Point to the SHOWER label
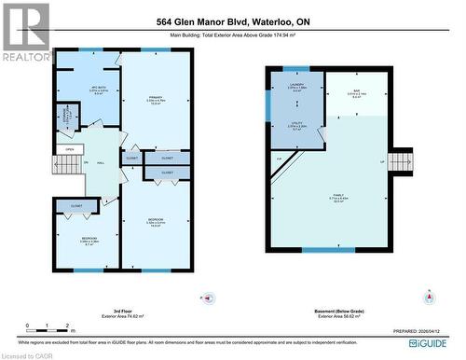[66, 118]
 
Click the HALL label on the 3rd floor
[99, 163]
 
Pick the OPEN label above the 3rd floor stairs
[69, 149]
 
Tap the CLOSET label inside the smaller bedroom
[75, 205]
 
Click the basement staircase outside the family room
[400, 162]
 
